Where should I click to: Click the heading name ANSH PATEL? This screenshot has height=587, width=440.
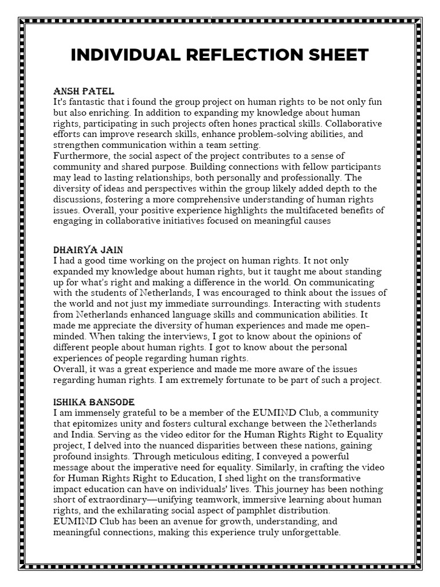pyautogui.click(x=84, y=92)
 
